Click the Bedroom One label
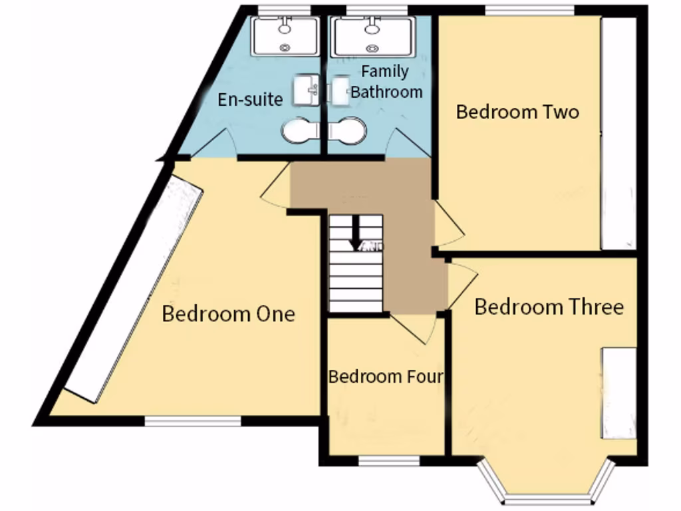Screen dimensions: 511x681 pos(228,314)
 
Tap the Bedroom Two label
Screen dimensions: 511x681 pos(517,112)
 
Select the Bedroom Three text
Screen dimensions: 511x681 pos(549,307)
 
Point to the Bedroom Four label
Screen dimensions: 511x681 pos(386,377)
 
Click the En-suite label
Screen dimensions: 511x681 pos(251,100)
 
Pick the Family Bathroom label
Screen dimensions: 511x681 pos(386,81)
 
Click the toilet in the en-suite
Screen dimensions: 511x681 pos(299,130)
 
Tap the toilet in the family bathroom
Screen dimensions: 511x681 pos(347,130)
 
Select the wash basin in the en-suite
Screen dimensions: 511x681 pos(306,89)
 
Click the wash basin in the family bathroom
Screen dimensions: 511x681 pos(340,90)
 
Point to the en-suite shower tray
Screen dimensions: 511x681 pos(285,36)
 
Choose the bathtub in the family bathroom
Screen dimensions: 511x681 pos(373,36)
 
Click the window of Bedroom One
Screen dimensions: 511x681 pos(193,421)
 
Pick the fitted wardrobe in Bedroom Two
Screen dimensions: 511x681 pos(618,133)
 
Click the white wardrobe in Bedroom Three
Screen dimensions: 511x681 pos(619,393)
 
